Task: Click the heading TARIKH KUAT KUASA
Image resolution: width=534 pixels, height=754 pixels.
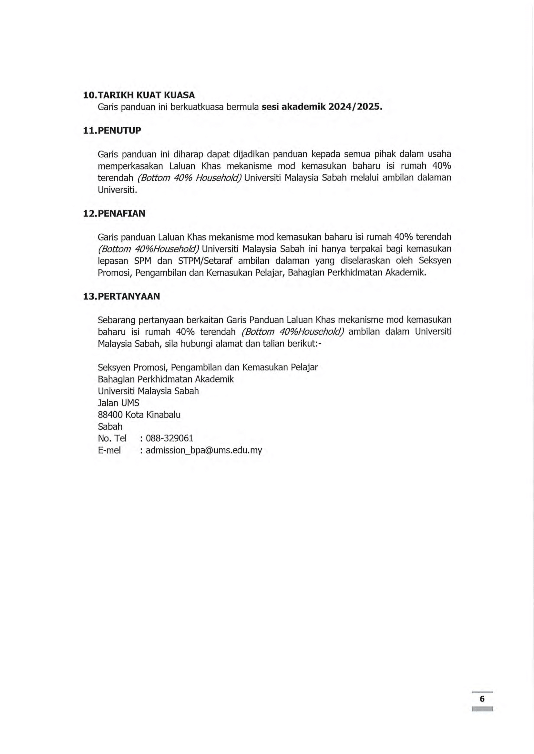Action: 146,95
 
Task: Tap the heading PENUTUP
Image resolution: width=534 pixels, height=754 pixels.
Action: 119,131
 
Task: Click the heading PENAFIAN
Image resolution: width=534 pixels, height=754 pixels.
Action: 121,213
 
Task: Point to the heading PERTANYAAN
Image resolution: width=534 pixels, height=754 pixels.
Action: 129,297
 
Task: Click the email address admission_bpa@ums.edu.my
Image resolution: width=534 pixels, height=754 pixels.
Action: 204,450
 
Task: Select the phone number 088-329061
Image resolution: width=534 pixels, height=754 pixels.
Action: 169,438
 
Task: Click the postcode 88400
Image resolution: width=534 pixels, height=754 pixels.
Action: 110,415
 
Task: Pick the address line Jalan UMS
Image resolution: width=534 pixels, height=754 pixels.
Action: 118,403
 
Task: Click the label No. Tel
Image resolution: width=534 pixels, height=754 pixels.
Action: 112,438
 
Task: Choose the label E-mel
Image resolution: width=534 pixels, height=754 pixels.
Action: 109,450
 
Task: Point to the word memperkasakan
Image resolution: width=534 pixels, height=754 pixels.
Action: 130,166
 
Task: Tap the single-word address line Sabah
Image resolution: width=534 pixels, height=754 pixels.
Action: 110,426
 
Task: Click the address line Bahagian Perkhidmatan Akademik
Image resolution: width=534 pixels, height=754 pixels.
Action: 166,379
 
